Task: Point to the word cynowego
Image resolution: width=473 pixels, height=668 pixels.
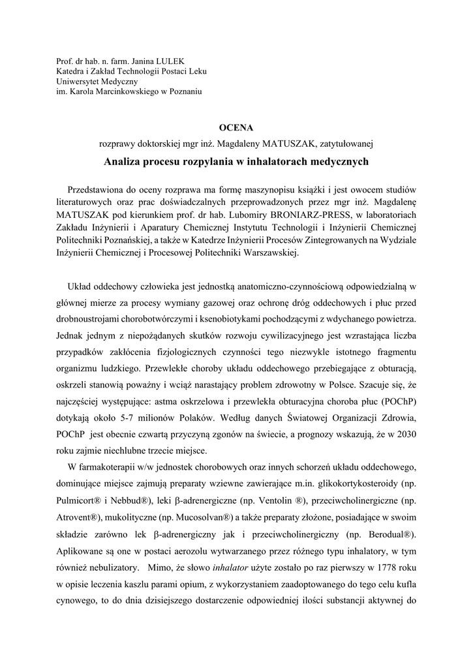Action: (78, 601)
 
